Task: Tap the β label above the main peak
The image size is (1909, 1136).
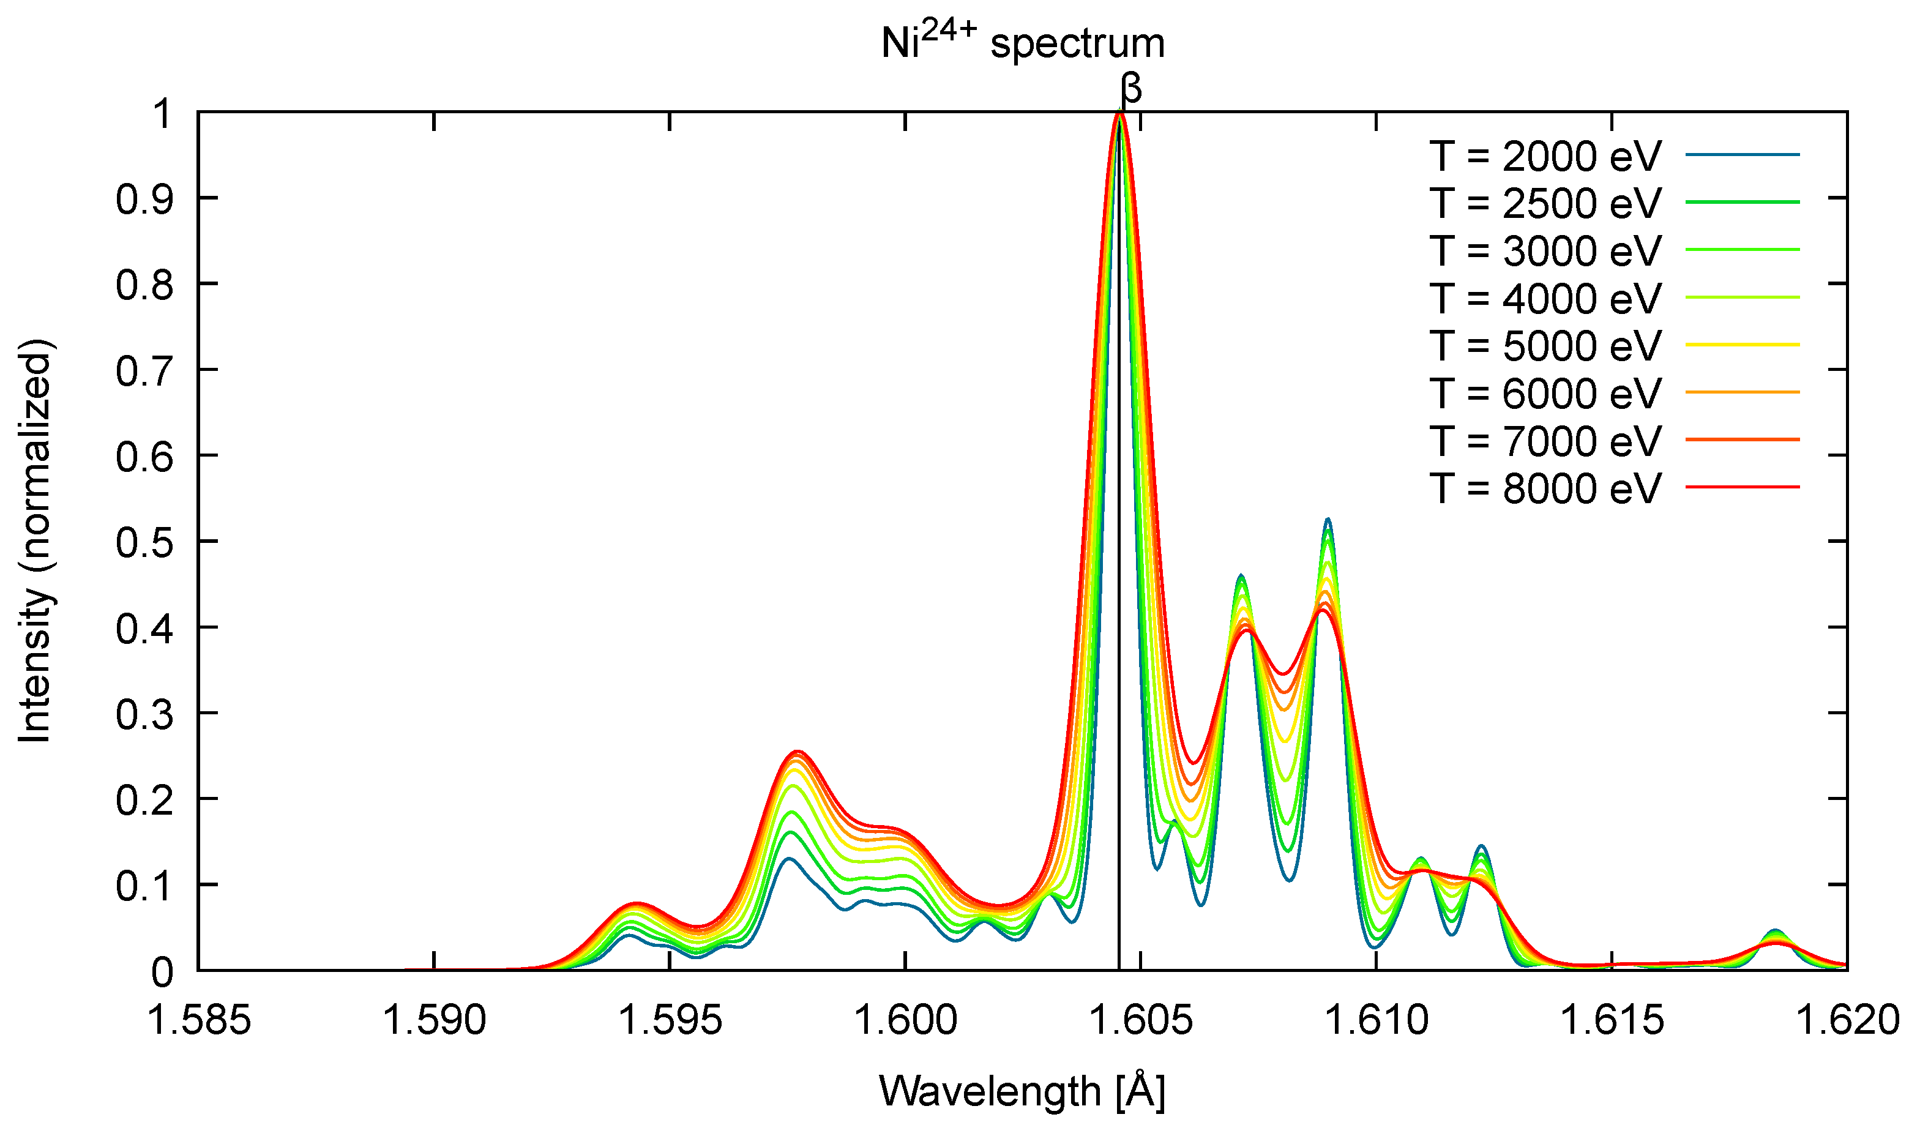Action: click(x=1130, y=89)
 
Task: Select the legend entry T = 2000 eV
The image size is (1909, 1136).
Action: click(x=1545, y=156)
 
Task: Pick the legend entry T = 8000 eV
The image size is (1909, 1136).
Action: click(x=1545, y=488)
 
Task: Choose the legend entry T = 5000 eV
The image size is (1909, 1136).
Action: click(x=1545, y=346)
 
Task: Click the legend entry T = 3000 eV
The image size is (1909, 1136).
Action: click(x=1545, y=251)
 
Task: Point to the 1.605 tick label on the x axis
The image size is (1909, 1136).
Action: click(x=1140, y=1020)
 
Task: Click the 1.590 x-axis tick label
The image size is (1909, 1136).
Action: click(x=434, y=1020)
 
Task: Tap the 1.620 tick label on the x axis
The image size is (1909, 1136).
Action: click(x=1846, y=1020)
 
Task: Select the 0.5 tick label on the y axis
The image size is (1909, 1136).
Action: click(x=144, y=542)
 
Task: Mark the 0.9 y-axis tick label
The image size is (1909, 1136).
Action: click(x=144, y=199)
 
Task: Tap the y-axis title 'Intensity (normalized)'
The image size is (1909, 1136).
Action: click(x=35, y=540)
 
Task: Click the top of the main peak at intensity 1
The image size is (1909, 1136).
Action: click(x=1120, y=114)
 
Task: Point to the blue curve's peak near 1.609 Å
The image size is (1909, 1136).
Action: click(x=1328, y=519)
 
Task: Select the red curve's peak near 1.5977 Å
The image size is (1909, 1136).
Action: click(x=798, y=751)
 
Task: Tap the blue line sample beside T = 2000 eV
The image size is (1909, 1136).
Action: click(x=1742, y=155)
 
